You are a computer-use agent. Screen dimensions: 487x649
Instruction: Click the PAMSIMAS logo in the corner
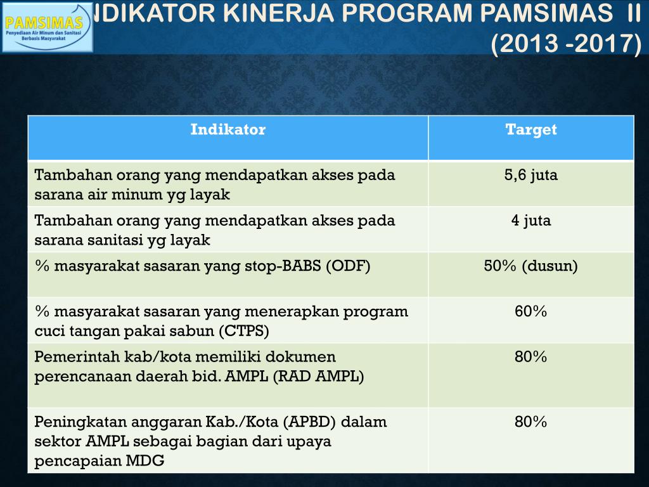(47, 26)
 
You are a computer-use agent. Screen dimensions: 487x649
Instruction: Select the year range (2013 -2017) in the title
(567, 44)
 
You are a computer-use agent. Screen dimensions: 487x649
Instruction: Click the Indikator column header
(228, 130)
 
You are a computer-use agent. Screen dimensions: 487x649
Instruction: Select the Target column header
(530, 130)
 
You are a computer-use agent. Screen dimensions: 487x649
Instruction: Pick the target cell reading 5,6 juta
(530, 176)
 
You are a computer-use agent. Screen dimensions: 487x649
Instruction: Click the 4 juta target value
(530, 221)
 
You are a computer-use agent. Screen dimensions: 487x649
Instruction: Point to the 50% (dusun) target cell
(530, 266)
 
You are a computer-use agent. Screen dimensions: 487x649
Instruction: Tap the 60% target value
(530, 312)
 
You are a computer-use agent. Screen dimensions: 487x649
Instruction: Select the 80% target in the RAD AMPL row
(530, 358)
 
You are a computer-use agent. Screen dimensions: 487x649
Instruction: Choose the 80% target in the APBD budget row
(530, 422)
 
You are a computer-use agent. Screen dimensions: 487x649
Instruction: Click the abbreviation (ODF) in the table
(348, 266)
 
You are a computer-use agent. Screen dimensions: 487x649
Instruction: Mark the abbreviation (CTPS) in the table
(244, 331)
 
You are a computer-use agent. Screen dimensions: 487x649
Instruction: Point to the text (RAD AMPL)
(318, 377)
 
